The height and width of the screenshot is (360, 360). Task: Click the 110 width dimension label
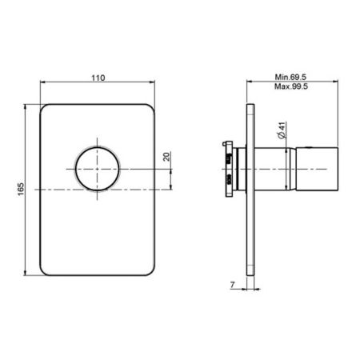tap(98, 78)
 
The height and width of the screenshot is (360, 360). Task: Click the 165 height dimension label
tap(21, 189)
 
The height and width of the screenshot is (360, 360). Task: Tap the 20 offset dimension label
tap(166, 157)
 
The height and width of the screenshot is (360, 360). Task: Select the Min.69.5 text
tap(290, 77)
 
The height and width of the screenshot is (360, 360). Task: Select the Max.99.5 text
tap(291, 86)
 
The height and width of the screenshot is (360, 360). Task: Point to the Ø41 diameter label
tap(282, 130)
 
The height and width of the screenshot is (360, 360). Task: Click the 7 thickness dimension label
tap(232, 285)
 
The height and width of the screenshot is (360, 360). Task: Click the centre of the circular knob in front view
tap(97, 169)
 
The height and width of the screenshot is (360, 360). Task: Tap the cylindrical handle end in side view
tap(317, 169)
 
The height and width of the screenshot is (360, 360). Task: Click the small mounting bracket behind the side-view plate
tap(229, 170)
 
